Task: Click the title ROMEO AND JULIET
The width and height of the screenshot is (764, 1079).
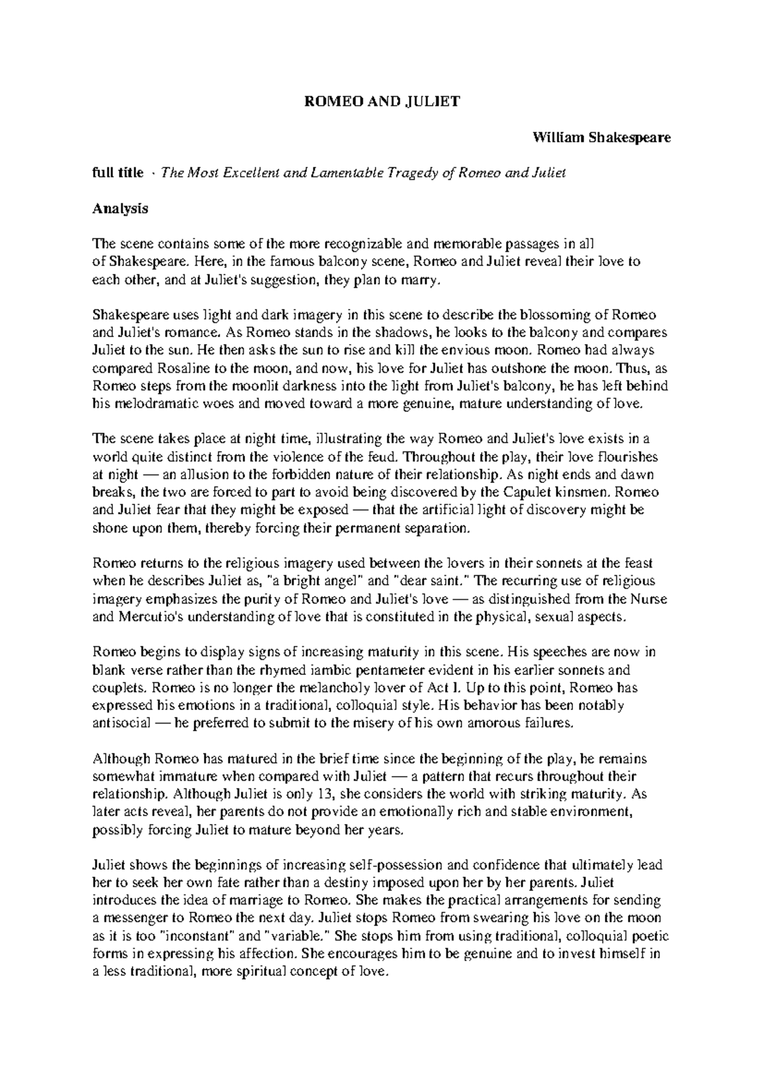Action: (x=379, y=101)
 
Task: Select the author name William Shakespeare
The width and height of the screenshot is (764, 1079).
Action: (x=602, y=137)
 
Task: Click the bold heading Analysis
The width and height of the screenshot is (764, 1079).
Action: (x=120, y=208)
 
